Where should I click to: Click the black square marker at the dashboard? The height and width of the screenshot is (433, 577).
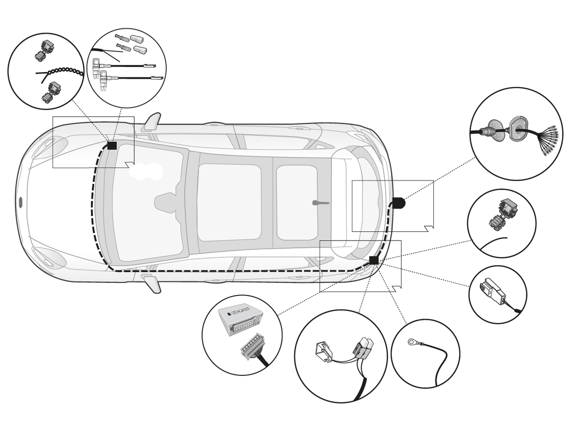[112, 145]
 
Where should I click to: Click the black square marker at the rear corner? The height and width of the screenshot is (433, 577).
[373, 260]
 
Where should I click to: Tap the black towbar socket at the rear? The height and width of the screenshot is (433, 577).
[398, 203]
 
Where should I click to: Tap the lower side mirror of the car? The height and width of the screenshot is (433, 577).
[152, 283]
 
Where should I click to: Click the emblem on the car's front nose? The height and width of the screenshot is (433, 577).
[20, 202]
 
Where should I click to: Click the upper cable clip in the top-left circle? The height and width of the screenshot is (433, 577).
[44, 50]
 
